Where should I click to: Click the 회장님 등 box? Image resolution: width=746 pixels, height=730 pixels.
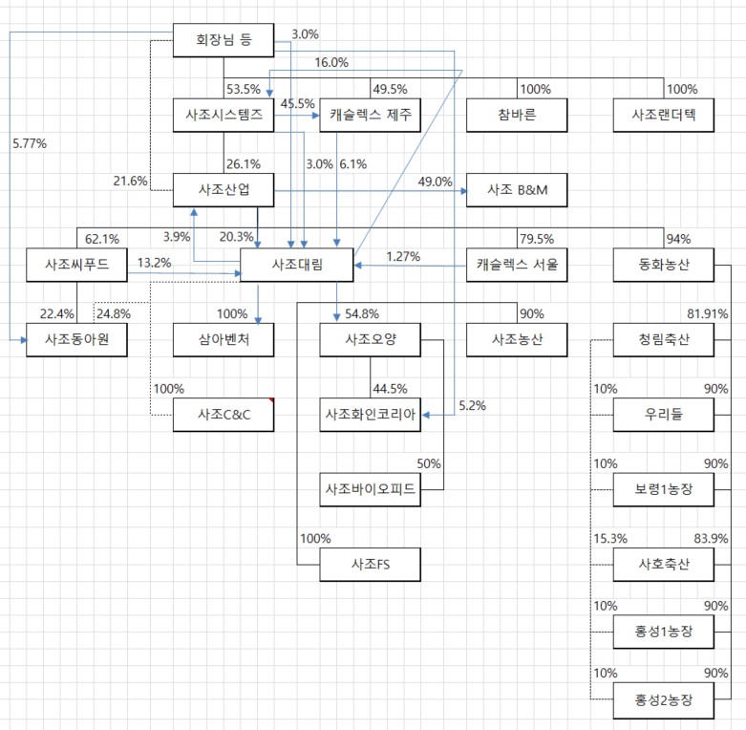point(223,40)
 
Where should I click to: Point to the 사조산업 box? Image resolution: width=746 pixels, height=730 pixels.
point(223,188)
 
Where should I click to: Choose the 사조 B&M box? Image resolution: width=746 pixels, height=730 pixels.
point(517,188)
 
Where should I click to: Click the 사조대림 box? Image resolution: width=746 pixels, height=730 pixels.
point(297,264)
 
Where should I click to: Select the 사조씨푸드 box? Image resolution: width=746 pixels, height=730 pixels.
point(75,264)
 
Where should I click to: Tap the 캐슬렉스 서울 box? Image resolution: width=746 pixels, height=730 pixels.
point(517,264)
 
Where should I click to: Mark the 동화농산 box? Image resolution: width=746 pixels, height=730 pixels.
point(664,264)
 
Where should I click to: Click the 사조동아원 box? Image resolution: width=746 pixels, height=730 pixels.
point(75,339)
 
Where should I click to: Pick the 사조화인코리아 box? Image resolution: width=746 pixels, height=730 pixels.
point(371,414)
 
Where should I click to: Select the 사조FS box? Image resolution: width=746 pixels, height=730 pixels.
point(371,565)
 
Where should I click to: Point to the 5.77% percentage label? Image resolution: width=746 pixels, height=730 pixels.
point(30,143)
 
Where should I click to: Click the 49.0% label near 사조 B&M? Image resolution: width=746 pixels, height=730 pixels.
point(435,182)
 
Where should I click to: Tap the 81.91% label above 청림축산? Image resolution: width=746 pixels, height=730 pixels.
point(708,313)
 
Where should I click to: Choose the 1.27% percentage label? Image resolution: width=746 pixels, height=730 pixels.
point(403,256)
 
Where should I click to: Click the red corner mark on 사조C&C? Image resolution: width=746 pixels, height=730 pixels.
point(271,399)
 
